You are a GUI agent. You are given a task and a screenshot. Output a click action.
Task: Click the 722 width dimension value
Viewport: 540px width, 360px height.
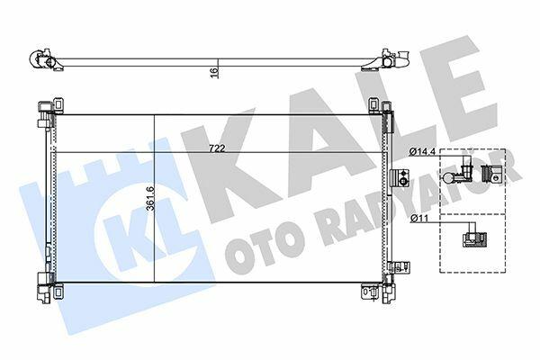217,148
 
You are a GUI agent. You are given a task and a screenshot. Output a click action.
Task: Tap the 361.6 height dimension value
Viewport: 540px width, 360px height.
150,198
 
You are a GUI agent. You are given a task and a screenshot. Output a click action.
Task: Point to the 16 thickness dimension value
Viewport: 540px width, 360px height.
214,73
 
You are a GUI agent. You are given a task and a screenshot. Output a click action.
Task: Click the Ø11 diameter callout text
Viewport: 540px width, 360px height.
418,218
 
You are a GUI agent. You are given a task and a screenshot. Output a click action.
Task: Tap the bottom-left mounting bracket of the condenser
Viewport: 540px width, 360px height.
58,292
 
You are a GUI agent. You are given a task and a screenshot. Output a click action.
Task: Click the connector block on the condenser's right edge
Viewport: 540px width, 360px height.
399,178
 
